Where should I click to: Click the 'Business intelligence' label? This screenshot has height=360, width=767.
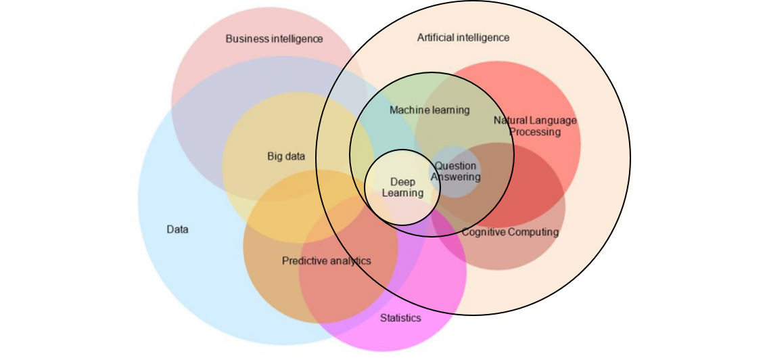[x=274, y=39]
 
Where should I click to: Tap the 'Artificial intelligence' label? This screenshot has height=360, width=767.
[x=463, y=37]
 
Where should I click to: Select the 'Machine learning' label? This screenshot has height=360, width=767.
[x=429, y=110]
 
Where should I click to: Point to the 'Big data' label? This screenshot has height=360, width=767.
[x=286, y=156]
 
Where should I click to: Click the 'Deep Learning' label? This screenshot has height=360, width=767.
[x=403, y=187]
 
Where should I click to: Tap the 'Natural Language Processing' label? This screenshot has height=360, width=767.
[x=535, y=126]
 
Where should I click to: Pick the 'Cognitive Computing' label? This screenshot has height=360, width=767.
[x=510, y=232]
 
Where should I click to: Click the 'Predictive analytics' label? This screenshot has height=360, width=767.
[x=327, y=261]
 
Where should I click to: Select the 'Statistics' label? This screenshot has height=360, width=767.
[x=400, y=318]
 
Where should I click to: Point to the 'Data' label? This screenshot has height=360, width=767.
[x=177, y=229]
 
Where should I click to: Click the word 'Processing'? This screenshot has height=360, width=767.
[x=535, y=132]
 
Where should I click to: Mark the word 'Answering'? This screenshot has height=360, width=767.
[x=457, y=177]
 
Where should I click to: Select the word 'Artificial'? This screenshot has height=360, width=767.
[x=436, y=37]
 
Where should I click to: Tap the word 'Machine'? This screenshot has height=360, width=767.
[x=409, y=110]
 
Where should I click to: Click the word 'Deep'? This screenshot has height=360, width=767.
[x=403, y=182]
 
